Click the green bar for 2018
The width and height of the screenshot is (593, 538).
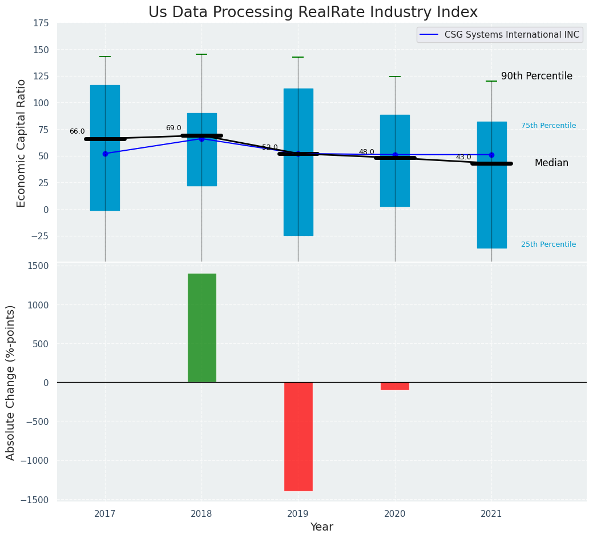(201, 328)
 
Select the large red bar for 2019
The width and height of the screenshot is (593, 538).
(298, 436)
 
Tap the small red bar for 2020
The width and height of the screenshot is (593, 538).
(395, 386)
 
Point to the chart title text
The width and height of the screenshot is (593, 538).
(313, 13)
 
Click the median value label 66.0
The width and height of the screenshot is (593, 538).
(77, 131)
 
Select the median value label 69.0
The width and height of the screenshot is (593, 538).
(174, 128)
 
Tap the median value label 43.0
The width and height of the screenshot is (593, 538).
(463, 157)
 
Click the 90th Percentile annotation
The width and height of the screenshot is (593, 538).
(536, 76)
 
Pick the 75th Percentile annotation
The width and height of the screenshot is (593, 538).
(548, 126)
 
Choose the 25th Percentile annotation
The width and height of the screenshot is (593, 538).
(548, 244)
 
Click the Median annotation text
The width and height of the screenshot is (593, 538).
(551, 163)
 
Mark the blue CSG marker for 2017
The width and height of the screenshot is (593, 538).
(105, 154)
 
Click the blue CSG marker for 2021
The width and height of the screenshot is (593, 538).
(491, 155)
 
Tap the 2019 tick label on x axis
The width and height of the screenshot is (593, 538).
(298, 514)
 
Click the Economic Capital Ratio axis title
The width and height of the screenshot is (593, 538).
(22, 143)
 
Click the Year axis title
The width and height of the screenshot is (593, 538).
(321, 527)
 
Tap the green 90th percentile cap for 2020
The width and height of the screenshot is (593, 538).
(395, 77)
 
